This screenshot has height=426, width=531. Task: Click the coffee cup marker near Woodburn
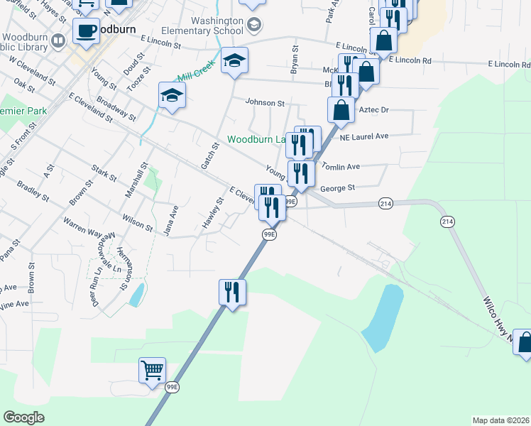click(x=87, y=31)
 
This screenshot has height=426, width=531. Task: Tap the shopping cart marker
click(x=153, y=371)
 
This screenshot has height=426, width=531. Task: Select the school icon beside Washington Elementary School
click(x=253, y=26)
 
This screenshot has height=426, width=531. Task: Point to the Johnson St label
click(x=265, y=102)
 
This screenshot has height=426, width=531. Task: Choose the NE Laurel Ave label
click(x=364, y=136)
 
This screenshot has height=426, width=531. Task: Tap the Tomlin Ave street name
click(x=341, y=166)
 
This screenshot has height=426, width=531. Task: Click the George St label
click(x=336, y=189)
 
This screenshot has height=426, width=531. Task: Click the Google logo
click(x=23, y=417)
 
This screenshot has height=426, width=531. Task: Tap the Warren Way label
click(x=82, y=231)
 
